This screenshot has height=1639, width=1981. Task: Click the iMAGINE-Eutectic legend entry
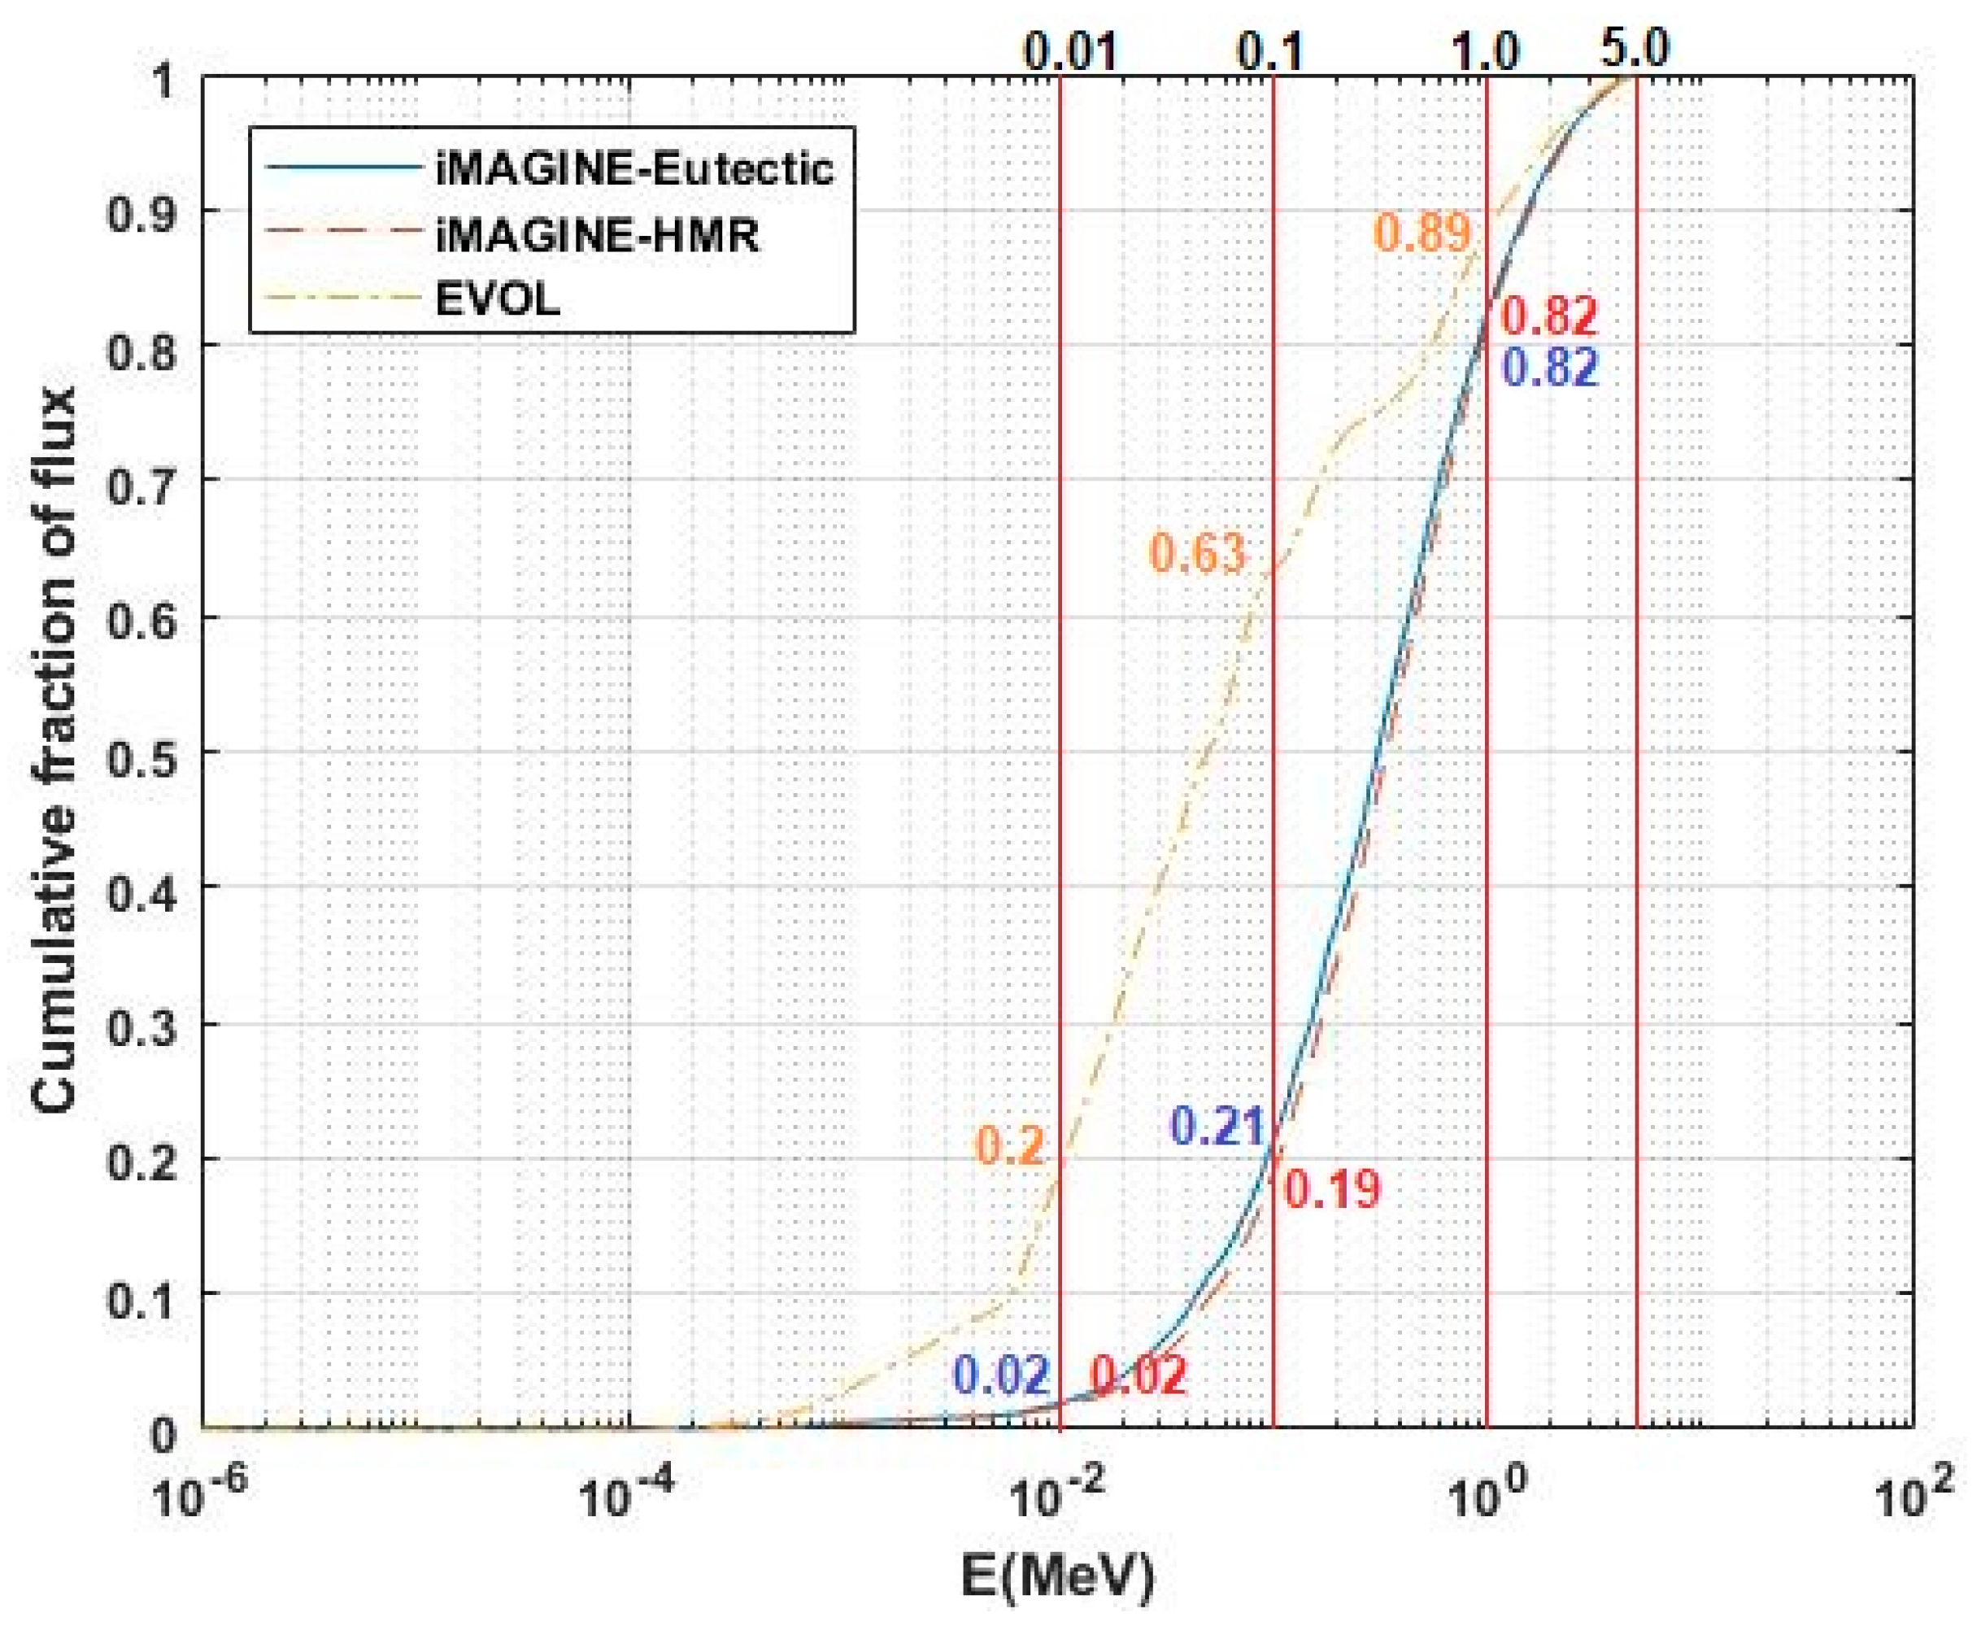click(634, 169)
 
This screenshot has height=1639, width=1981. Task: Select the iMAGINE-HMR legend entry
click(596, 234)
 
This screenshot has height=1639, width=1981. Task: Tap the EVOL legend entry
click(497, 299)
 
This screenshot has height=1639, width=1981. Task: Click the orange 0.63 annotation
click(1197, 554)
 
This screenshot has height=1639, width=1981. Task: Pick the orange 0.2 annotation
click(1009, 1146)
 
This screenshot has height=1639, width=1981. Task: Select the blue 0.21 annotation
click(1217, 1126)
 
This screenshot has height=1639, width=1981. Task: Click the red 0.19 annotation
click(1332, 1190)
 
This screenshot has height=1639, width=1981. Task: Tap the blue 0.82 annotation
click(1550, 368)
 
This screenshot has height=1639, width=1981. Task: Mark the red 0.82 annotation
click(1550, 316)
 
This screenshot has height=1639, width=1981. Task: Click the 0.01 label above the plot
click(1072, 51)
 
